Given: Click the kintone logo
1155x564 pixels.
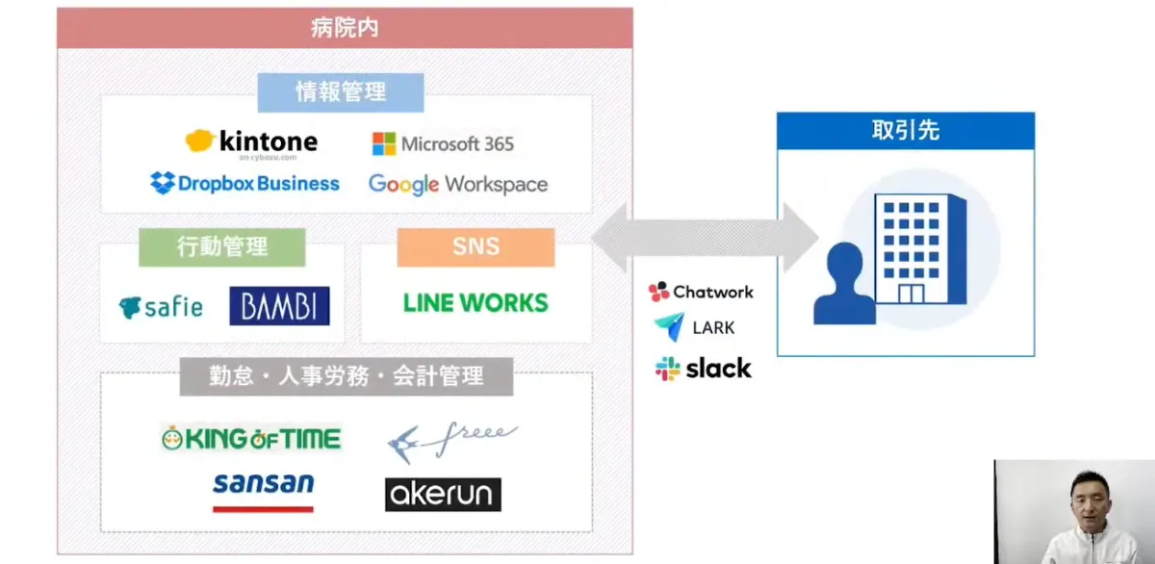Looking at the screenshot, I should pos(252,142).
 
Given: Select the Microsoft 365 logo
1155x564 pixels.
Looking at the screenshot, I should pos(443,144).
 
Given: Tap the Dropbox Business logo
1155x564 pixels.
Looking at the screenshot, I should pos(245,183).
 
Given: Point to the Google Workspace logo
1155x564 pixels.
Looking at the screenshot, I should pos(458,184).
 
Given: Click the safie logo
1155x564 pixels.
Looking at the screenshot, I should pos(161,307).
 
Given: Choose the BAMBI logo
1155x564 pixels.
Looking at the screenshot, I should pos(279,306).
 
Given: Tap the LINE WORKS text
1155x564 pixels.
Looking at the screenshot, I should pos(475,303).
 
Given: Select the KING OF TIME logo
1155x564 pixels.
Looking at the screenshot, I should pos(251,439).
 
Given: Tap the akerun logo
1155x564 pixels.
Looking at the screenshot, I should pos(443,495).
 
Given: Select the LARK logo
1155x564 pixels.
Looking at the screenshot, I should pos(695,327).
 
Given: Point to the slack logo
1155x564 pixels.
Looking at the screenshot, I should pos(704,369).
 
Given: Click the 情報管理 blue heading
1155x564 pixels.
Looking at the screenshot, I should pos(341,92).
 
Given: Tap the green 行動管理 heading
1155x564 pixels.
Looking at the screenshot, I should pos(221,246).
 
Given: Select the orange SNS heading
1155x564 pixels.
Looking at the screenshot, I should pos(475,246).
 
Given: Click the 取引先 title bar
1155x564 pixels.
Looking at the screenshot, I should pos(905,131).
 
